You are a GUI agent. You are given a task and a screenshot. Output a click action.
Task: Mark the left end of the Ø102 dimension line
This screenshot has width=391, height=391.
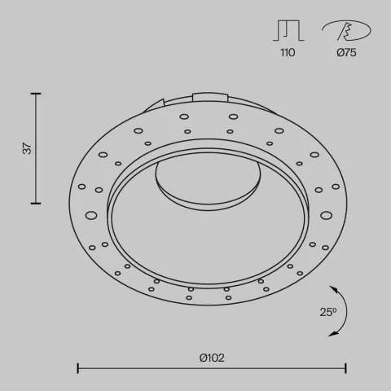point(77,367)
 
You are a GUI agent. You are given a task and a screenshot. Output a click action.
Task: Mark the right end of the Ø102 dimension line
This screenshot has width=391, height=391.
point(347,367)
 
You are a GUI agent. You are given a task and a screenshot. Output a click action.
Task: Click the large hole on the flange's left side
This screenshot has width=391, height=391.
point(90,216)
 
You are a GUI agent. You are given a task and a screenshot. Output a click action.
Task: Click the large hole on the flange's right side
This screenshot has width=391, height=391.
point(327,215)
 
